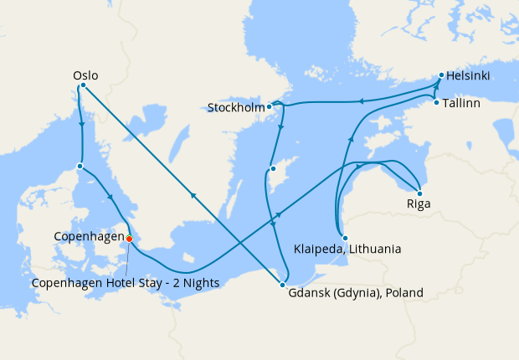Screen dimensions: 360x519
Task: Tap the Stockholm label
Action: (237, 107)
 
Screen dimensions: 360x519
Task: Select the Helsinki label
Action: (469, 76)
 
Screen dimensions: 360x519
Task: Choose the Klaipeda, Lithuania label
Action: (347, 249)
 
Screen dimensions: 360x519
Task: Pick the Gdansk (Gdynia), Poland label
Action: (356, 293)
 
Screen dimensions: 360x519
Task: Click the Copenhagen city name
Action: (88, 238)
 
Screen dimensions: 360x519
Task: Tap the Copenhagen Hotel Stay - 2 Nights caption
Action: (126, 284)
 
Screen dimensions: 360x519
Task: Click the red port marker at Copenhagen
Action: (129, 239)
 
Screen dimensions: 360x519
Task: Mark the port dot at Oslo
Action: (81, 85)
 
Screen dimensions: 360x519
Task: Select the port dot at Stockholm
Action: (270, 107)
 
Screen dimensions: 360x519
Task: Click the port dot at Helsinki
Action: (440, 76)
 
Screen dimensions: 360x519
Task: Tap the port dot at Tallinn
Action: (436, 103)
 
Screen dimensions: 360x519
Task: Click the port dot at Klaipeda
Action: (345, 238)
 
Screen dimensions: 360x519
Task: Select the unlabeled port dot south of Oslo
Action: (80, 166)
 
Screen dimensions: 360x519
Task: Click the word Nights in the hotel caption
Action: (200, 284)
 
